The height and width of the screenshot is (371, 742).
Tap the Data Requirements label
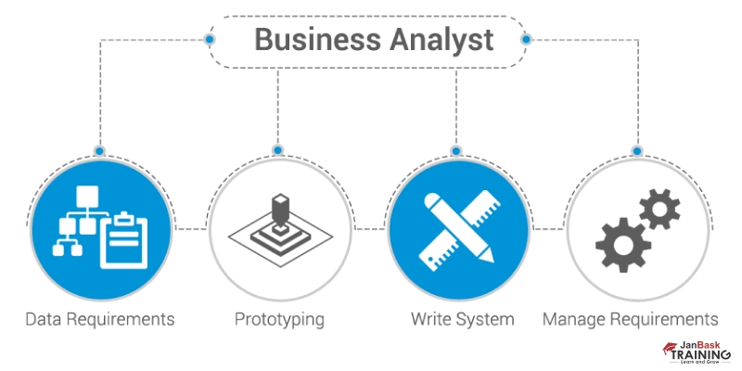(99, 319)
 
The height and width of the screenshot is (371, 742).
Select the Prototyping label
(279, 319)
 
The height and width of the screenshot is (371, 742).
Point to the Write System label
(462, 319)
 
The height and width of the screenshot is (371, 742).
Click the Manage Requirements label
(630, 319)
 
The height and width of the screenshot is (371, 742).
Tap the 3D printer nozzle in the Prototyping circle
(279, 209)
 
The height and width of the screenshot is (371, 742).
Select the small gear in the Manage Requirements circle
(659, 209)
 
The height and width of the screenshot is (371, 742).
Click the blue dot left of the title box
(210, 40)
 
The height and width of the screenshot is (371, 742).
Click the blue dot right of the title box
(526, 40)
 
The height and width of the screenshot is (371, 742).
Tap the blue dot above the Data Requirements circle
(99, 149)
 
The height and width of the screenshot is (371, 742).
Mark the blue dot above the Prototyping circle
(278, 149)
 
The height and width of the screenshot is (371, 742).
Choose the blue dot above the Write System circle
(455, 149)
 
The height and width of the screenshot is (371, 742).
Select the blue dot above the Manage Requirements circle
(635, 149)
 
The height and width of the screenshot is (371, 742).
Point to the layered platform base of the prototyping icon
(279, 238)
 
